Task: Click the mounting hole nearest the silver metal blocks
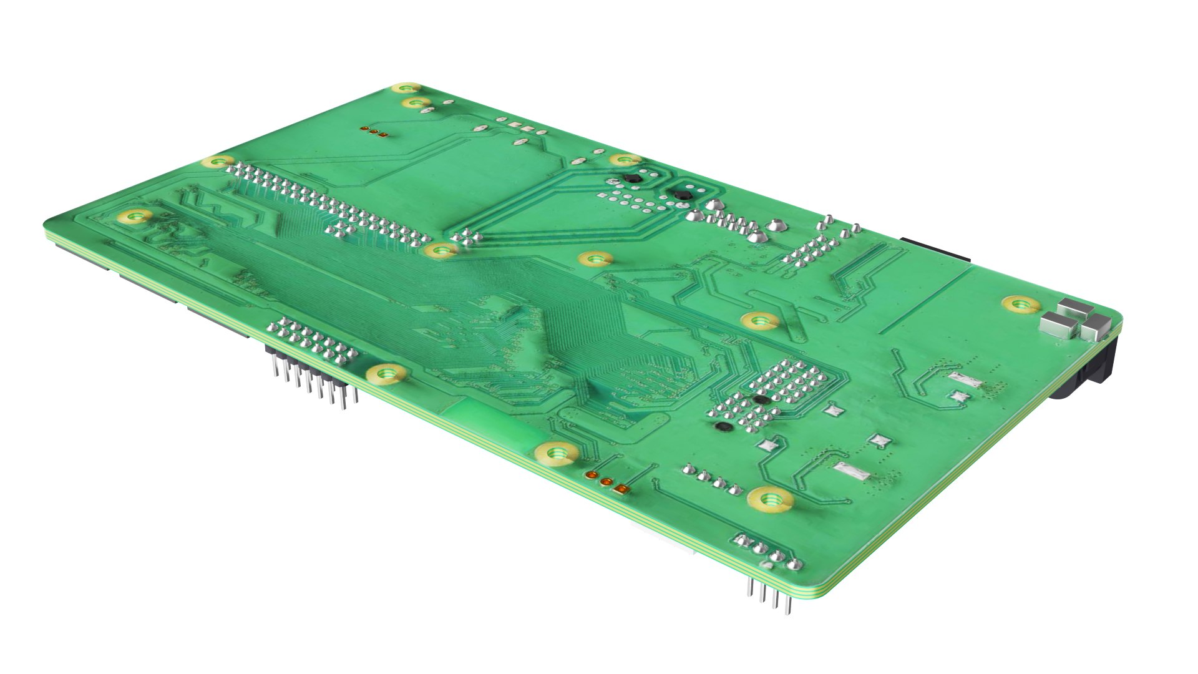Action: [1021, 305]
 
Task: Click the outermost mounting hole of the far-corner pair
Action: [406, 88]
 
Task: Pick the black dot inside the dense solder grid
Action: [759, 399]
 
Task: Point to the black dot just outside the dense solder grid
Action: [723, 427]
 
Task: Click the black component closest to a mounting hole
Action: [632, 179]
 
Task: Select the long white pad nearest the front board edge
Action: [849, 471]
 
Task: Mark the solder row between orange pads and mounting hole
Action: [711, 477]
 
